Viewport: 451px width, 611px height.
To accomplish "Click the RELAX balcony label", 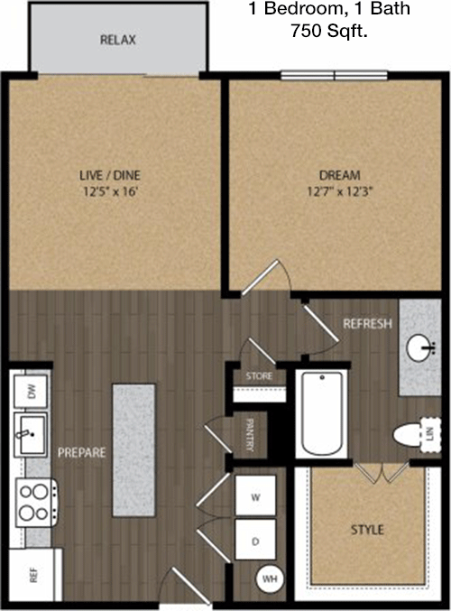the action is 117,40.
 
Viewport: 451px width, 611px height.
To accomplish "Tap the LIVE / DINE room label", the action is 110,175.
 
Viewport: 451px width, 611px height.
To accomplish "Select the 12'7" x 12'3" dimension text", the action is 337,191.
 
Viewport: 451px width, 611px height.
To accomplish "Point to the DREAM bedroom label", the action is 340,175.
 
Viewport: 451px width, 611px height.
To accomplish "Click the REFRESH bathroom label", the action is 367,323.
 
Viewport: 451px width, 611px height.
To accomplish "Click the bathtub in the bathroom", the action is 323,413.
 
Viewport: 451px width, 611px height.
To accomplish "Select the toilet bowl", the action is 407,434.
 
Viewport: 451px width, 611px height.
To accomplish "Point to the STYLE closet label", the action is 367,530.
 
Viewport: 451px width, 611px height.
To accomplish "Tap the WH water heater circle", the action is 270,579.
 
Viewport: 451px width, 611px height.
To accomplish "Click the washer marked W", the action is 255,495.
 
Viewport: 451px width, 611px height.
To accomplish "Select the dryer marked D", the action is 255,540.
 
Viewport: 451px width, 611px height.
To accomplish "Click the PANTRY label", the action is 250,434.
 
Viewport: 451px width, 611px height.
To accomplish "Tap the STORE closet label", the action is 259,376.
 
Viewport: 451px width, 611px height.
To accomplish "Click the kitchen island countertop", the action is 134,450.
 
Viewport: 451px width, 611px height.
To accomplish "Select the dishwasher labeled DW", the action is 31,391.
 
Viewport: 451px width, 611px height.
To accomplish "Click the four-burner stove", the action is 37,503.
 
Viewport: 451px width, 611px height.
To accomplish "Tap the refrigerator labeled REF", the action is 35,574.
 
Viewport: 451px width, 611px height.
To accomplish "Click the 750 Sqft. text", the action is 329,31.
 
